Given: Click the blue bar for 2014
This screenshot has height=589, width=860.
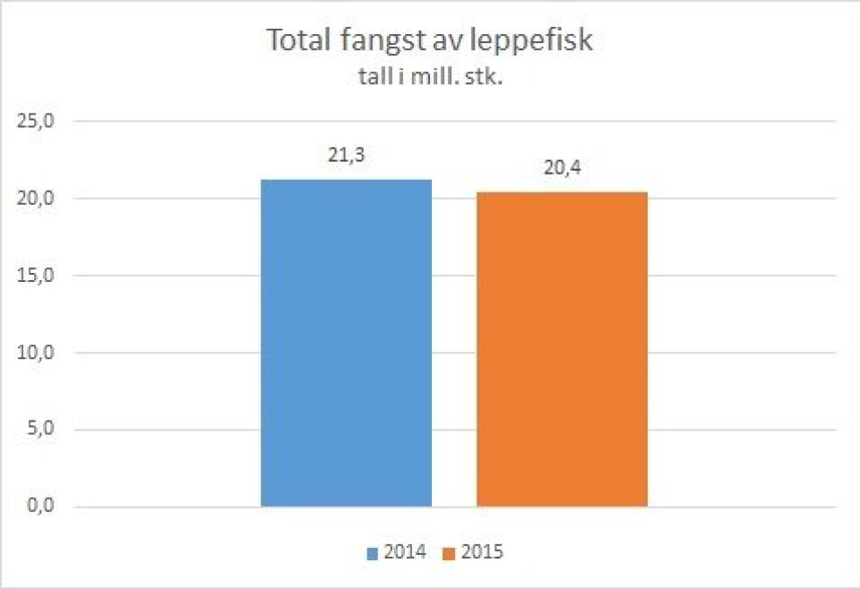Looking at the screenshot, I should [346, 343].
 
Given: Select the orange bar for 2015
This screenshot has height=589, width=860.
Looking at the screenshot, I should [562, 349].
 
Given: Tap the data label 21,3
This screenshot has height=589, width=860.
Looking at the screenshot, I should [346, 156].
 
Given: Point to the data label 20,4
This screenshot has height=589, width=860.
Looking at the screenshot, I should [562, 168].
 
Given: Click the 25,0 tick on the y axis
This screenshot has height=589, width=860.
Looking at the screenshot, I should [37, 121].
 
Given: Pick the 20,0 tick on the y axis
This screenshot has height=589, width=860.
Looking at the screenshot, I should [37, 198].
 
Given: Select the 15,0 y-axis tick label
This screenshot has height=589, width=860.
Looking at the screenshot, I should [37, 275].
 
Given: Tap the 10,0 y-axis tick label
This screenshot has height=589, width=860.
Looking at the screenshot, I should [37, 353].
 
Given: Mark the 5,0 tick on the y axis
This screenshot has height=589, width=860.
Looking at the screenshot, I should [41, 430].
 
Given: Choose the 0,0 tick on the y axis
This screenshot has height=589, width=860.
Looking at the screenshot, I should [41, 507].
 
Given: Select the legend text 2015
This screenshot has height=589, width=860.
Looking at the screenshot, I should [482, 552].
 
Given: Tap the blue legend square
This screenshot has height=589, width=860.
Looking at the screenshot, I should [372, 553].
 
